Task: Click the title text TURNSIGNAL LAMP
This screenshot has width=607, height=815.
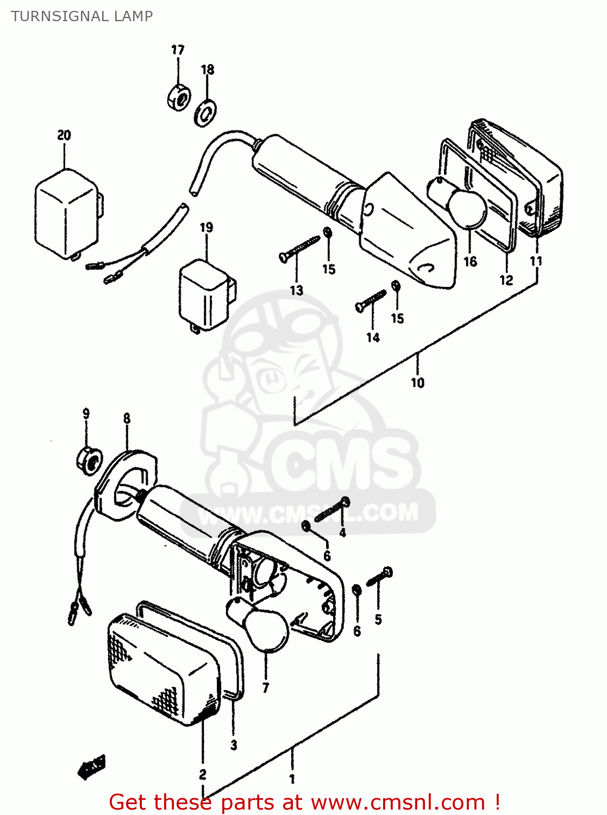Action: click(82, 16)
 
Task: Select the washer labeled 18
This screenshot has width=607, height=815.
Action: click(205, 112)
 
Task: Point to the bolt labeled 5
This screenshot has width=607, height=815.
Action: click(380, 577)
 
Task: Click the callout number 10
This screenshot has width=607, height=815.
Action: click(417, 383)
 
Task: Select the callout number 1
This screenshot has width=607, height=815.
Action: click(292, 779)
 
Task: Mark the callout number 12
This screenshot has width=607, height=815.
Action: click(506, 280)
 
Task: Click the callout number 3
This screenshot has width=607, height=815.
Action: click(234, 745)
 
